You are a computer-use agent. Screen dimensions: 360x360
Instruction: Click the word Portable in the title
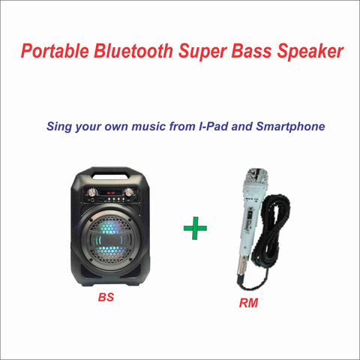(x=55, y=51)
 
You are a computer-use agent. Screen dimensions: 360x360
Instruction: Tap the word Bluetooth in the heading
(x=133, y=51)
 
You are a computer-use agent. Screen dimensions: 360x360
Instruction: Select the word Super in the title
(x=202, y=52)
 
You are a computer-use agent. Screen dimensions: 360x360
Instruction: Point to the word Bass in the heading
(x=251, y=51)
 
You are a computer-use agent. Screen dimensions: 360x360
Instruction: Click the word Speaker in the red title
(x=310, y=52)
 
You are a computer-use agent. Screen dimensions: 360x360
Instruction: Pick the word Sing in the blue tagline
(x=59, y=127)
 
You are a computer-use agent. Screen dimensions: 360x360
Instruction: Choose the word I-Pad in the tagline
(x=213, y=126)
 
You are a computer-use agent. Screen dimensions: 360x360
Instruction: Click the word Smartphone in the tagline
(x=290, y=127)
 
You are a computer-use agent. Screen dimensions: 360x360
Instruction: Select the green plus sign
(x=195, y=228)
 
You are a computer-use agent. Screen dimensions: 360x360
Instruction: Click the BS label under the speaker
(x=106, y=297)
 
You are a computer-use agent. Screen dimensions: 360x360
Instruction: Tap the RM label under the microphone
(x=248, y=303)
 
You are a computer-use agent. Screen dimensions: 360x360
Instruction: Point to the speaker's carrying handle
(x=110, y=172)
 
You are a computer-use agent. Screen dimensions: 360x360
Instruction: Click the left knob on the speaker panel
(x=91, y=192)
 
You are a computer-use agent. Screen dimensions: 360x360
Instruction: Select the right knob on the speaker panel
(x=129, y=192)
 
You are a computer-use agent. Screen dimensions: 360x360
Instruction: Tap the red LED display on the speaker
(x=110, y=193)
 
